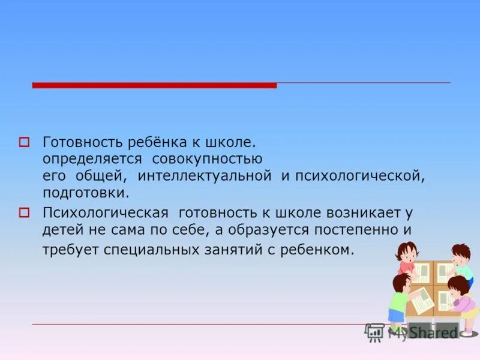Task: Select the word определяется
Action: pyautogui.click(x=92, y=160)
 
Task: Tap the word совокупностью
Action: pyautogui.click(x=207, y=160)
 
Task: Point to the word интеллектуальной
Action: pyautogui.click(x=205, y=176)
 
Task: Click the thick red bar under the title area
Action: pyautogui.click(x=154, y=85)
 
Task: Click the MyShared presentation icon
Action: pyautogui.click(x=374, y=331)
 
